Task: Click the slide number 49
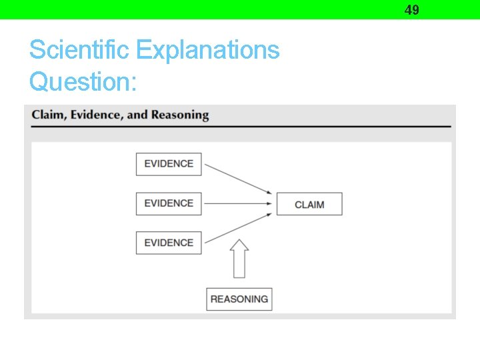click(x=412, y=9)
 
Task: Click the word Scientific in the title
click(x=80, y=50)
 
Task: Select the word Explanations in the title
click(x=207, y=50)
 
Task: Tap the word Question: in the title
click(x=83, y=81)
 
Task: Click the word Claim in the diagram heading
click(x=49, y=115)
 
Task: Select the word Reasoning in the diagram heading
click(x=180, y=115)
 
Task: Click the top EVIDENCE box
click(x=169, y=164)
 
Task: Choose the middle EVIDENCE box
click(x=169, y=203)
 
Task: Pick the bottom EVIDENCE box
click(x=169, y=243)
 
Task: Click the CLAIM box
click(x=309, y=204)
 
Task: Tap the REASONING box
click(x=239, y=299)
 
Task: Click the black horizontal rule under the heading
click(x=241, y=127)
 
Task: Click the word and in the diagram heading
click(x=137, y=115)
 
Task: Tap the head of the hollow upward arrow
click(x=239, y=245)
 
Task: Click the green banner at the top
click(x=200, y=9)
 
